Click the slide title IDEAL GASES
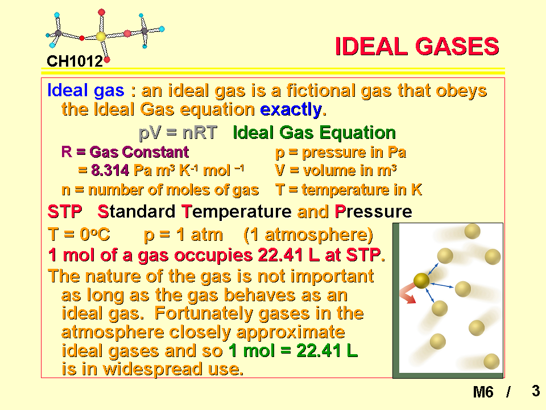[417, 46]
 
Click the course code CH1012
[75, 61]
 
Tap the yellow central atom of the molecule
[101, 36]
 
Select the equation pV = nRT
[178, 133]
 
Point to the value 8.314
[110, 170]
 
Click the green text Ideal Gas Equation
[315, 133]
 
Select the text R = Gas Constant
[125, 152]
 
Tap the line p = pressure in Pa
[341, 153]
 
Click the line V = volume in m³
[336, 170]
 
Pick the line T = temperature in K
[349, 190]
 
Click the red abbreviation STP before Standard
[65, 212]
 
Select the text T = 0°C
[79, 234]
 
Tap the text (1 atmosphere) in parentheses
[308, 235]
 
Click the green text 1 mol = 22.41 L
[293, 351]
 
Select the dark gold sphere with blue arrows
[421, 281]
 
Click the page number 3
[536, 391]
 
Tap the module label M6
[483, 392]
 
